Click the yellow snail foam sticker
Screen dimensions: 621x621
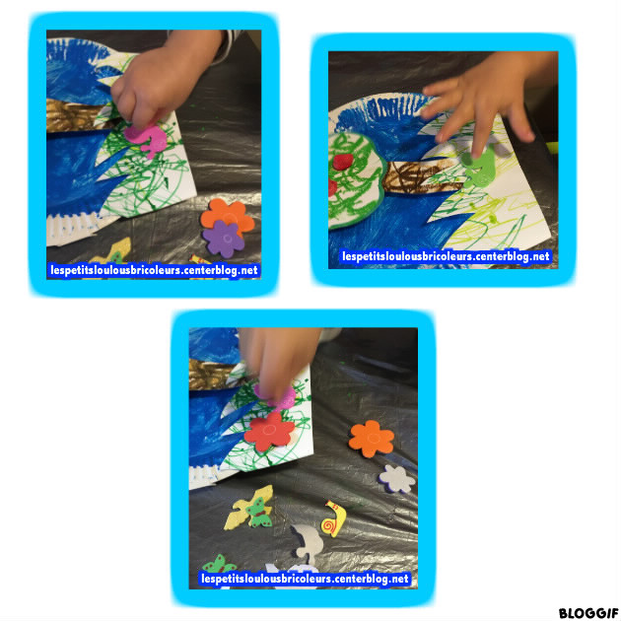click(333, 518)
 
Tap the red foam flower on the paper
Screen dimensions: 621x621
click(269, 432)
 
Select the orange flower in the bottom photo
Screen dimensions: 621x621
click(372, 439)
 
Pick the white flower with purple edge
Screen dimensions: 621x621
click(397, 479)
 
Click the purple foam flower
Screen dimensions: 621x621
click(224, 239)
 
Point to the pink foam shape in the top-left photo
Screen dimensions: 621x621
click(147, 139)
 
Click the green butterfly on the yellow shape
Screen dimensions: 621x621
click(258, 513)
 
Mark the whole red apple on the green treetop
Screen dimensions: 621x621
click(343, 162)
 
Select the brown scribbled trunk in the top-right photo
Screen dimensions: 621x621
click(420, 177)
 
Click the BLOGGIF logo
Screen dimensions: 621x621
click(587, 613)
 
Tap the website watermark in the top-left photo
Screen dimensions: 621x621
click(154, 270)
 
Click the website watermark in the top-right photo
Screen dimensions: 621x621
click(446, 256)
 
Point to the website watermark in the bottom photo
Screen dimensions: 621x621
click(305, 579)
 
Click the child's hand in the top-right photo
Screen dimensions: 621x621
click(487, 99)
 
